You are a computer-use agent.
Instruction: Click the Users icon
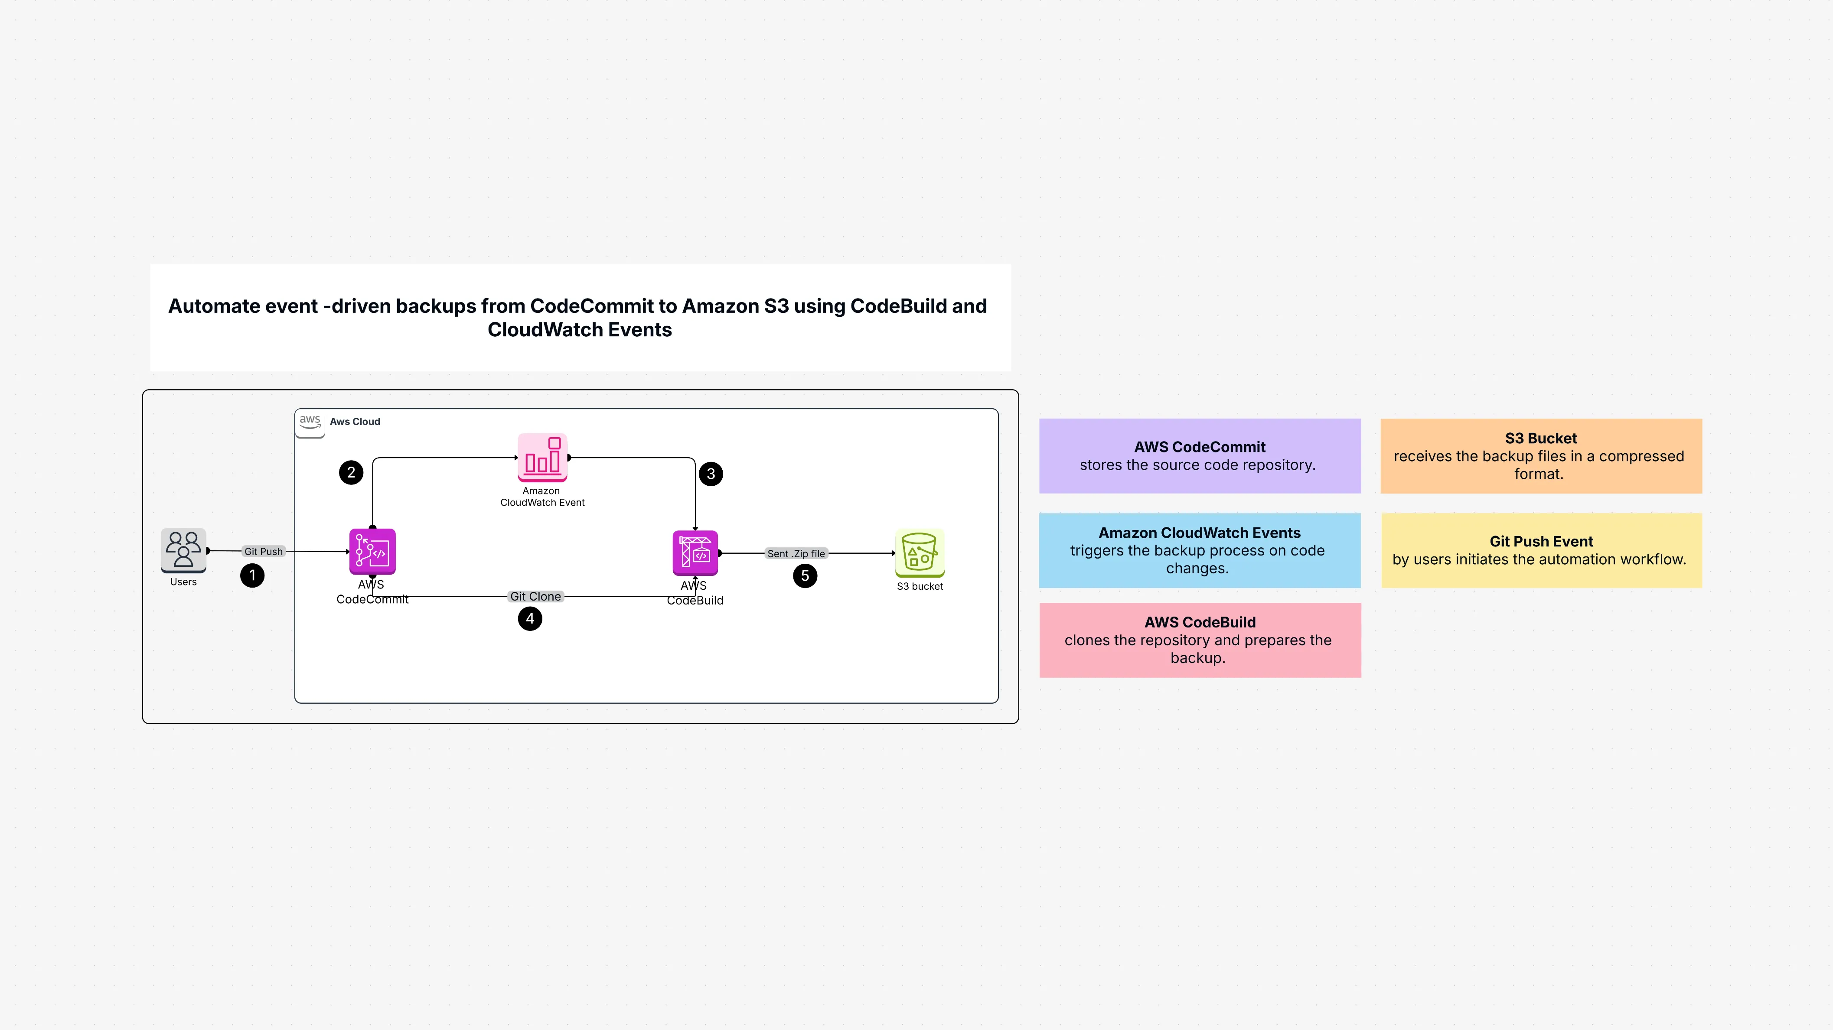tap(183, 550)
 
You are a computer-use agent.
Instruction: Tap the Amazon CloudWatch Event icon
tap(542, 458)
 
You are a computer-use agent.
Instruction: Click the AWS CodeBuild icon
tap(695, 553)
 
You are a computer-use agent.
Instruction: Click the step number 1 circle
tap(252, 575)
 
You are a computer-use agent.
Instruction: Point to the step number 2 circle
tap(351, 472)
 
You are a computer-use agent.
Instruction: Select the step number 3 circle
tap(711, 474)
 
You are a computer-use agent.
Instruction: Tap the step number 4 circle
tap(529, 619)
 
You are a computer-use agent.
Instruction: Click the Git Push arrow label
tap(263, 551)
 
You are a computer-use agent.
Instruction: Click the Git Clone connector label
tap(535, 596)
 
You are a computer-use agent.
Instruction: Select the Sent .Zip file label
tap(796, 553)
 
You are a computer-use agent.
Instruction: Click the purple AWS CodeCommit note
tap(1200, 456)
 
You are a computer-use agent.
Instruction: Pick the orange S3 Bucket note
tap(1540, 456)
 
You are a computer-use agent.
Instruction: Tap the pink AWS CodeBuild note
tap(1200, 640)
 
